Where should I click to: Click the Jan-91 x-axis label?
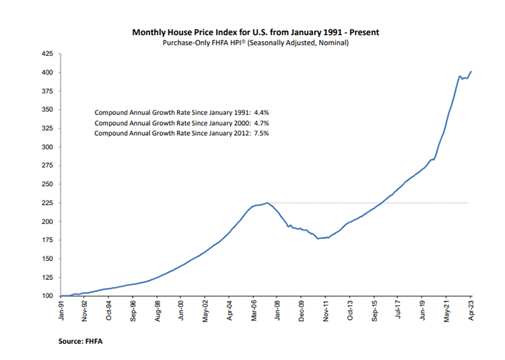pos(61,310)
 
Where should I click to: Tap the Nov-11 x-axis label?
pos(326,310)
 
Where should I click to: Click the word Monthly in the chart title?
pos(151,32)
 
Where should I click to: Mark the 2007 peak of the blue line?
pos(267,203)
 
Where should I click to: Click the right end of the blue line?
pos(471,71)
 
